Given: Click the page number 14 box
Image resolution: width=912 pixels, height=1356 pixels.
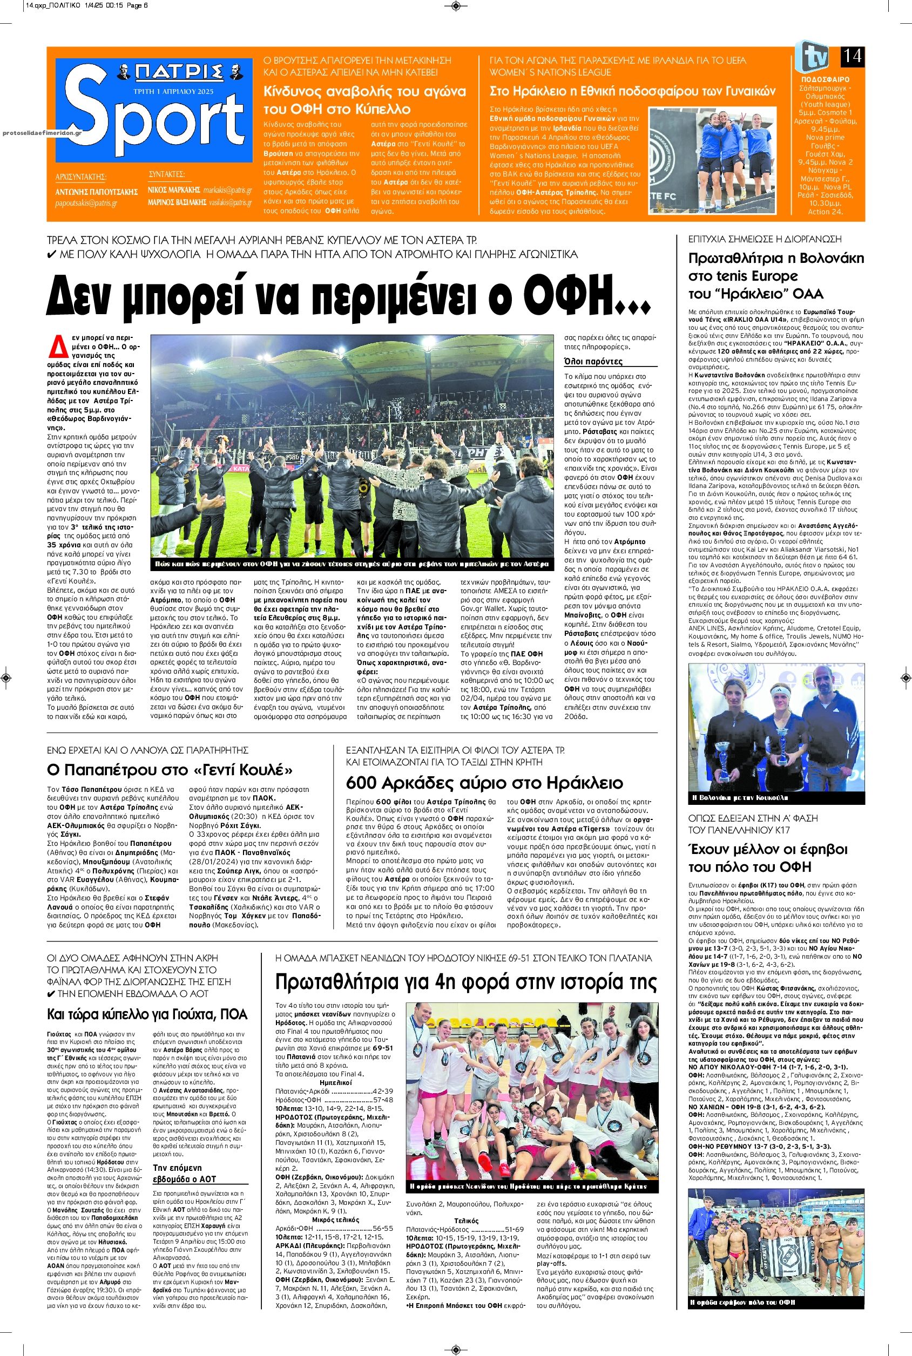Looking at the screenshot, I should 852,57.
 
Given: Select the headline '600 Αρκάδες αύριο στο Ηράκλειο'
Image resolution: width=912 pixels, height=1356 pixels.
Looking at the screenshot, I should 484,782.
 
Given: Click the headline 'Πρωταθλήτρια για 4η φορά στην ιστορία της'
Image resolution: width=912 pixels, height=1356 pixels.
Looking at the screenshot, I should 466,982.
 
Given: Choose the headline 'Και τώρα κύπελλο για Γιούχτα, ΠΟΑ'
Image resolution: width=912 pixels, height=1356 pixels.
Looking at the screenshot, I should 147,1015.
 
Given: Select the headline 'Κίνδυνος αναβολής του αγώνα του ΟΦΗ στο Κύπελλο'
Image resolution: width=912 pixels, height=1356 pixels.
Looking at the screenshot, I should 364,100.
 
